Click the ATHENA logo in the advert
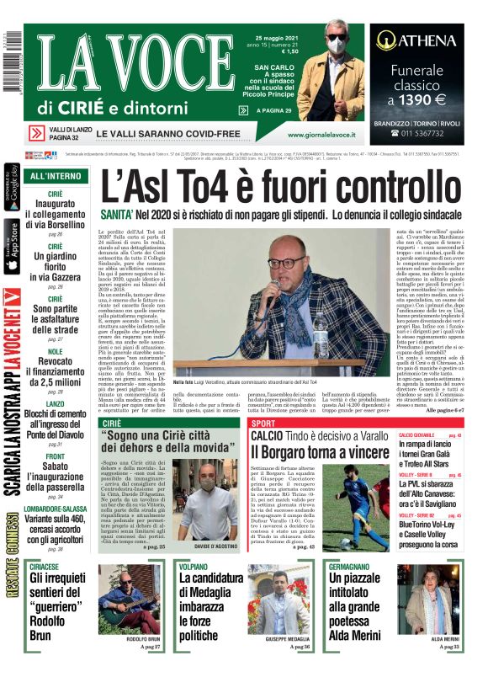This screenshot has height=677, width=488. [417, 39]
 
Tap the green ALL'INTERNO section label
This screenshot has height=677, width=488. [56, 176]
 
